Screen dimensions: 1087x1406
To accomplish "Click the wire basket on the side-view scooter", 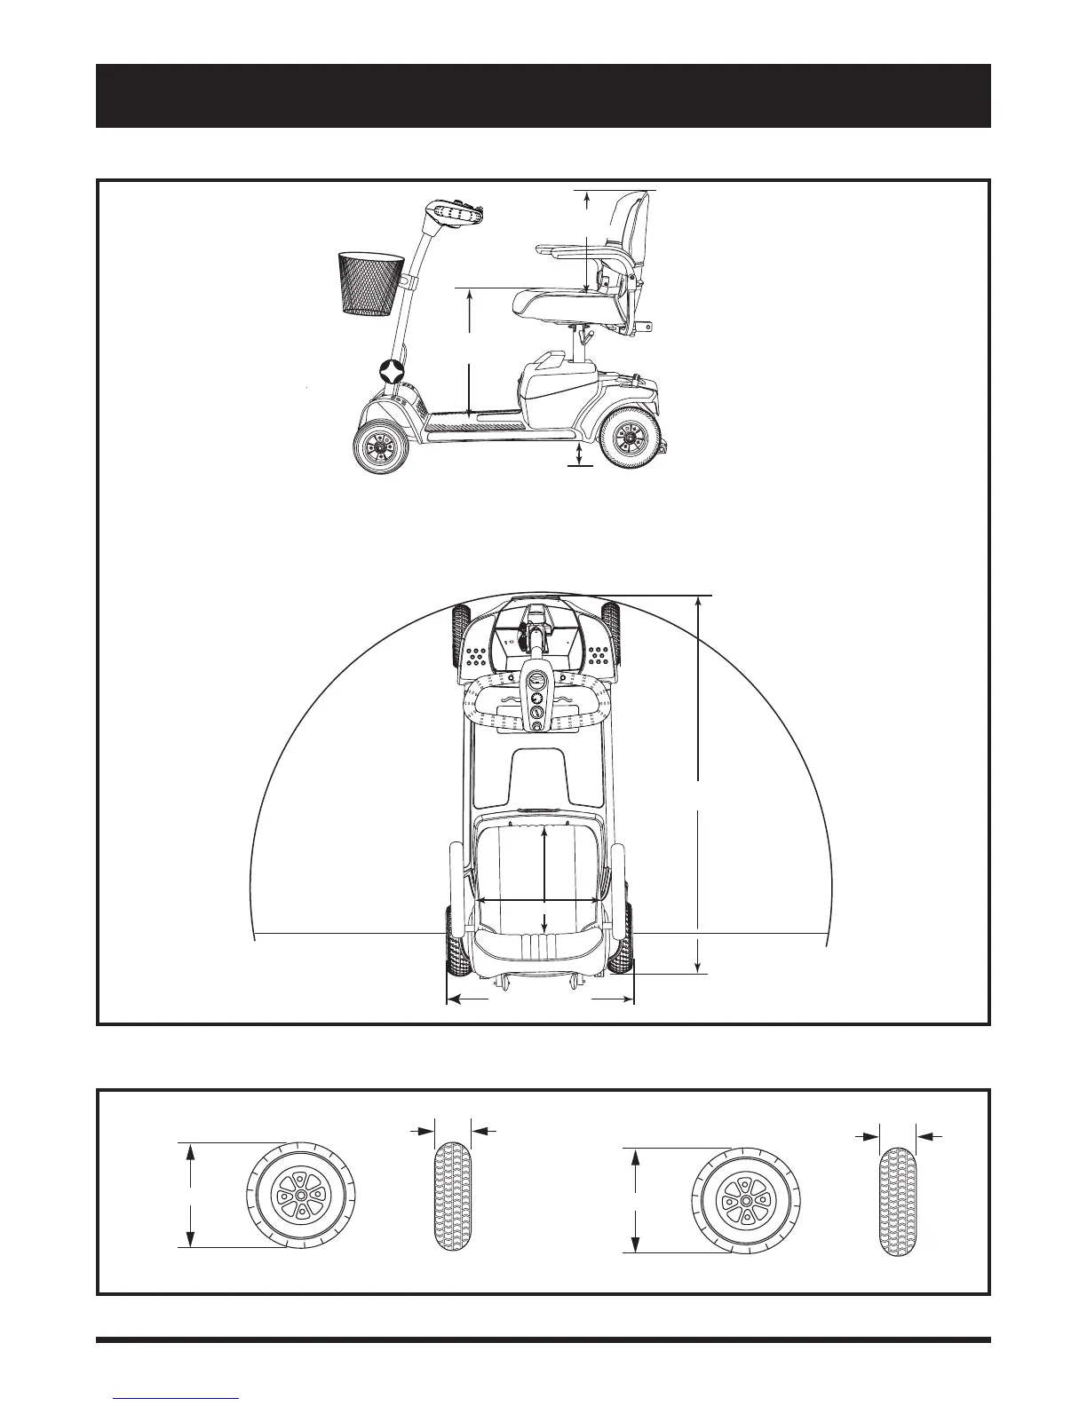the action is pos(370,284).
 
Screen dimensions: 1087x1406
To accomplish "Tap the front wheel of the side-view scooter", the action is pos(381,448).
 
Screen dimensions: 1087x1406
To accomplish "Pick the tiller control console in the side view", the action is pos(458,216).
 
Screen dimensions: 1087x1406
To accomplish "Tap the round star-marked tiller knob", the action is pos(393,371).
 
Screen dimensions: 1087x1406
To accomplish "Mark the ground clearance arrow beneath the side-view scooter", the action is pos(580,454).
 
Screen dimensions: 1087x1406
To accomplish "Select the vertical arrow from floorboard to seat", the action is pos(469,351).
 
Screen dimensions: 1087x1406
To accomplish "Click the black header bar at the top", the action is pos(543,96).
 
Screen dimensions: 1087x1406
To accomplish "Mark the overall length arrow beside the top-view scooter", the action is pos(701,785).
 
